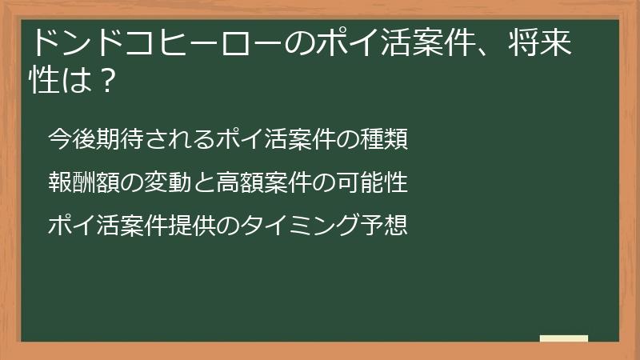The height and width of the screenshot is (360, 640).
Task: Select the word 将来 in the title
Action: tap(539, 43)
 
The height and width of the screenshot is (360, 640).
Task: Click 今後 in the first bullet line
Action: tap(73, 139)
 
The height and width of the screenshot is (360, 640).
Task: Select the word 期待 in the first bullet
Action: tap(121, 139)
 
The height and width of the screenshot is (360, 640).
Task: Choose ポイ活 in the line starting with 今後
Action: tap(253, 139)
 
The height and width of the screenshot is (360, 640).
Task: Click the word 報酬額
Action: tap(85, 182)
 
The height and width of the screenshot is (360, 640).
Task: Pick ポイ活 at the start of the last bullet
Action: tap(85, 226)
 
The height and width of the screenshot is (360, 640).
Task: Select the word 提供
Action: tap(193, 226)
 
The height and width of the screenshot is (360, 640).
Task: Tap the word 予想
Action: tap(385, 226)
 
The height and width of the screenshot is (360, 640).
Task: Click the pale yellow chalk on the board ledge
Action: tap(563, 338)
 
